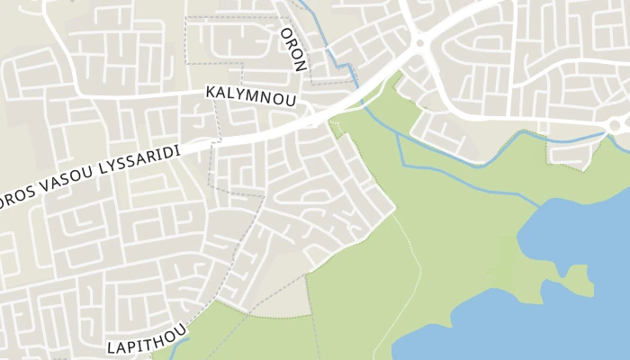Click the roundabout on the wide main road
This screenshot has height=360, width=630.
(419, 41)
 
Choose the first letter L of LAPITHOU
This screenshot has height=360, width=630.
(112, 348)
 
